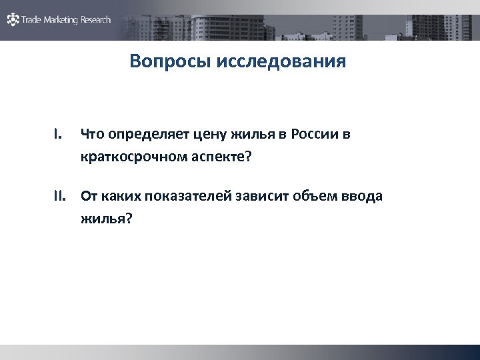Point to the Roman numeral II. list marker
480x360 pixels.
pos(61,196)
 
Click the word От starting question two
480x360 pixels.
pos(89,196)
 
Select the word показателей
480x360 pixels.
pos(178,196)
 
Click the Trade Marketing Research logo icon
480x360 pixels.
pos(13,19)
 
